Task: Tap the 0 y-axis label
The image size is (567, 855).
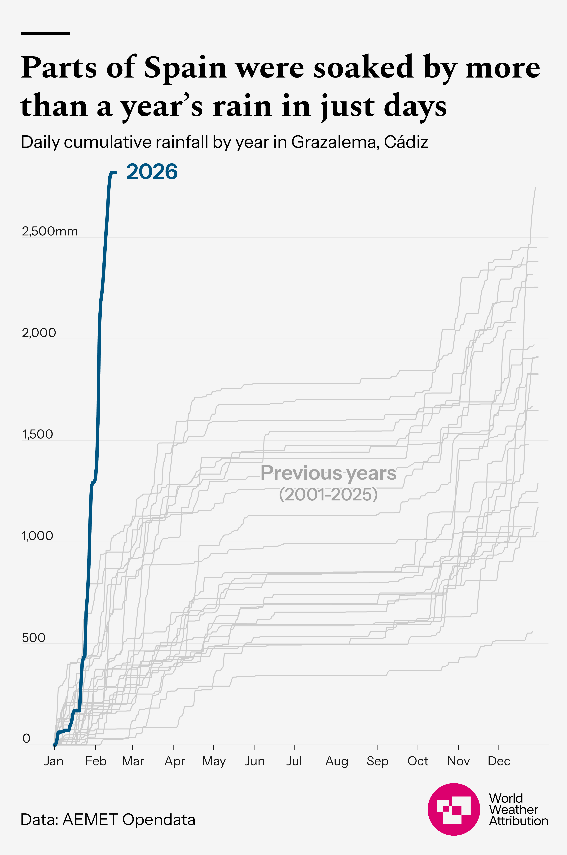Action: [x=26, y=739]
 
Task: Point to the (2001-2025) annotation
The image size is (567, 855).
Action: [x=328, y=494]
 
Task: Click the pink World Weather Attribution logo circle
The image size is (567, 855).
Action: [x=454, y=809]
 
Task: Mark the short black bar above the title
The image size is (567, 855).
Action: [x=46, y=34]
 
